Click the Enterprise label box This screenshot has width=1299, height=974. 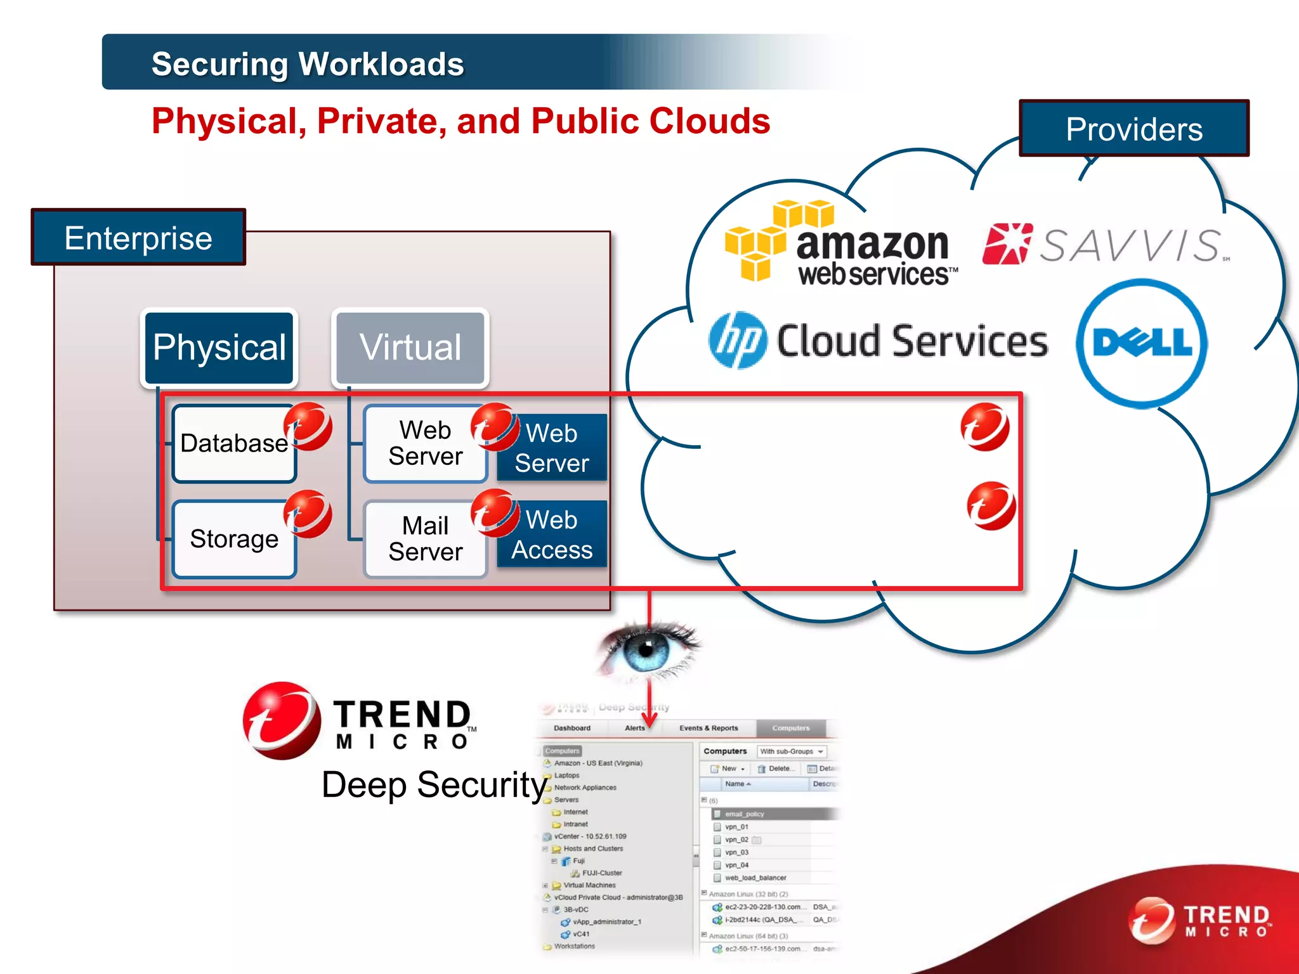coord(138,238)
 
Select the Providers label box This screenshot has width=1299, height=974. coord(1133,129)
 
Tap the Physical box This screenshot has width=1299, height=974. coord(219,347)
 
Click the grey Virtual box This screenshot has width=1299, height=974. coord(410,347)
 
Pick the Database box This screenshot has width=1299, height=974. coord(233,443)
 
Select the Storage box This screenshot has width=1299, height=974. coord(233,539)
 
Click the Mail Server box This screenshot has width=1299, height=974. coord(425,539)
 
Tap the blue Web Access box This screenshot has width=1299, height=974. coord(552,535)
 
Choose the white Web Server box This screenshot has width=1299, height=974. coord(425,443)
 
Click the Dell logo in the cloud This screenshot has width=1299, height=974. coord(1142,343)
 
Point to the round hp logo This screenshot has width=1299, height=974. coord(737,341)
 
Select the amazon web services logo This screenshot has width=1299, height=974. coord(844,245)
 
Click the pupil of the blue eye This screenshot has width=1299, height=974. coord(646,649)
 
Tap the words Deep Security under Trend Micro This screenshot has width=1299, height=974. coord(434,785)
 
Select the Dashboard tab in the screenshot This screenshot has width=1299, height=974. coord(572,728)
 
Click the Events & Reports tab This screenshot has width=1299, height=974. coord(708,728)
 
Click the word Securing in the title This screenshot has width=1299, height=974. coord(219,64)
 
